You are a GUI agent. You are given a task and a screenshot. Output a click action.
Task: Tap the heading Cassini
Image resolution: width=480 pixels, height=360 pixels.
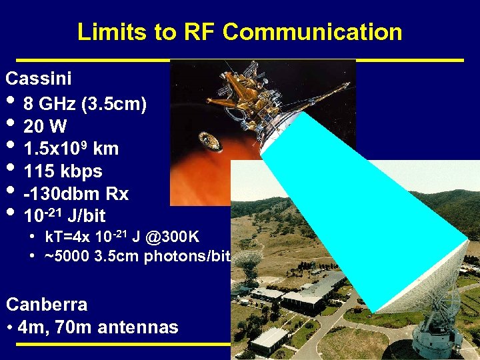39,79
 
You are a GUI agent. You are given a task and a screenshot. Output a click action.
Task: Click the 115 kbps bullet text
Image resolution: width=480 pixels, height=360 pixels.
63,171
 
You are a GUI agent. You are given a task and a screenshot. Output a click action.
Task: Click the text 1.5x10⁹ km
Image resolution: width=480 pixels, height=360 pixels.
63,149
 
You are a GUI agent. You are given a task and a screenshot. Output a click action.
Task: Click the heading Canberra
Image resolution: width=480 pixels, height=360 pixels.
47,305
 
